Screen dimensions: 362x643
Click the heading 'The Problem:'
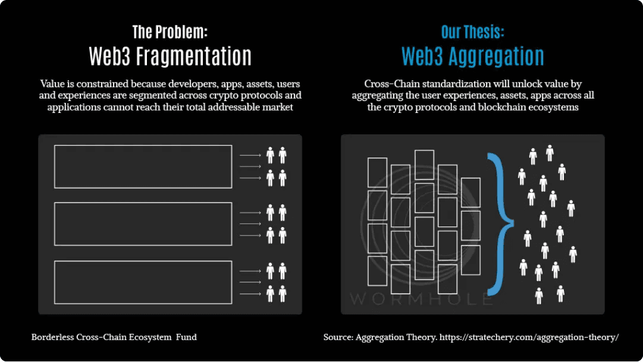pyautogui.click(x=170, y=32)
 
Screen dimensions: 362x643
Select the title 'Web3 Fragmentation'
pyautogui.click(x=170, y=56)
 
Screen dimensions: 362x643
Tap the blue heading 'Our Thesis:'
pyautogui.click(x=472, y=32)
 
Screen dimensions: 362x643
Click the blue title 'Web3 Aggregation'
pyautogui.click(x=472, y=56)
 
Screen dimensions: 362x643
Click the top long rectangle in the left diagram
pyautogui.click(x=143, y=166)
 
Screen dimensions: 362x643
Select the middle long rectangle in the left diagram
pyautogui.click(x=143, y=224)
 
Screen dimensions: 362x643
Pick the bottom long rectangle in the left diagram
pyautogui.click(x=143, y=282)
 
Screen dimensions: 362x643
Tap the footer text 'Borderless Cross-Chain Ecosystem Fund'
pyautogui.click(x=114, y=337)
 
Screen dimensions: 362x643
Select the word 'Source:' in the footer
pyautogui.click(x=338, y=337)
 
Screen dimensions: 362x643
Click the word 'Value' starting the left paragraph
pyautogui.click(x=52, y=84)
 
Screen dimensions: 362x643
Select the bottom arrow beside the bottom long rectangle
pyautogui.click(x=250, y=294)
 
